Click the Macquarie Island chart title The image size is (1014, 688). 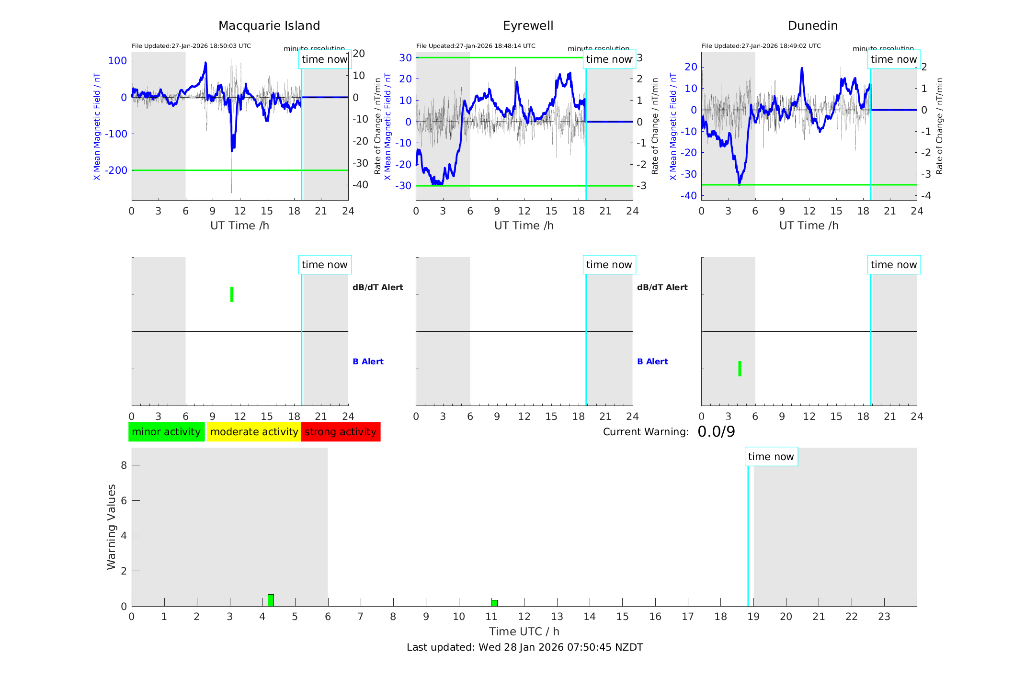tap(269, 25)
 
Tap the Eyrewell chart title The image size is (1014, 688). tap(528, 25)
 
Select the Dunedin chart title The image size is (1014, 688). tap(812, 25)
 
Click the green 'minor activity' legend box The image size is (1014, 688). tap(166, 432)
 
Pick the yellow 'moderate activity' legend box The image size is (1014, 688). tap(254, 432)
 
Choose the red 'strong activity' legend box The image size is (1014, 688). tap(341, 432)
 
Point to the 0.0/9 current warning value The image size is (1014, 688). tap(716, 432)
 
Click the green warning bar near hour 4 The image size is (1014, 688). tap(271, 600)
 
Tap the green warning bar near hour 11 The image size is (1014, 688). tap(494, 603)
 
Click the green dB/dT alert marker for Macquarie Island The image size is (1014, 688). tap(232, 294)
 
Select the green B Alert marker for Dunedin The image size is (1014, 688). tap(740, 369)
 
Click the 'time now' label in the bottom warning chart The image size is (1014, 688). tap(771, 457)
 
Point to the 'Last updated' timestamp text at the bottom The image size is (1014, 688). tap(524, 647)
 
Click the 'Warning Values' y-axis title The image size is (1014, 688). tap(111, 527)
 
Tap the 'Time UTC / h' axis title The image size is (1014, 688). tap(524, 632)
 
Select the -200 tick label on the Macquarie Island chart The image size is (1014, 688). tap(116, 170)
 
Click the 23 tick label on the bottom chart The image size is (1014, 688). tap(884, 617)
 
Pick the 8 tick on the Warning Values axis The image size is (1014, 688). tap(124, 465)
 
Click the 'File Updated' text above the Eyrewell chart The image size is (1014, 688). tap(476, 46)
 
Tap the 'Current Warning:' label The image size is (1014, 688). tap(646, 432)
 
